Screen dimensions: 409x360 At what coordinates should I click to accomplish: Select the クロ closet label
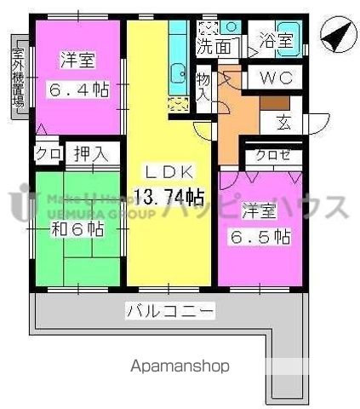point(47,154)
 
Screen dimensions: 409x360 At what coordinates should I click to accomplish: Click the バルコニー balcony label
point(170,309)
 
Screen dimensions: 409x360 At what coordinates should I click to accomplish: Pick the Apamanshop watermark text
point(179,367)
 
